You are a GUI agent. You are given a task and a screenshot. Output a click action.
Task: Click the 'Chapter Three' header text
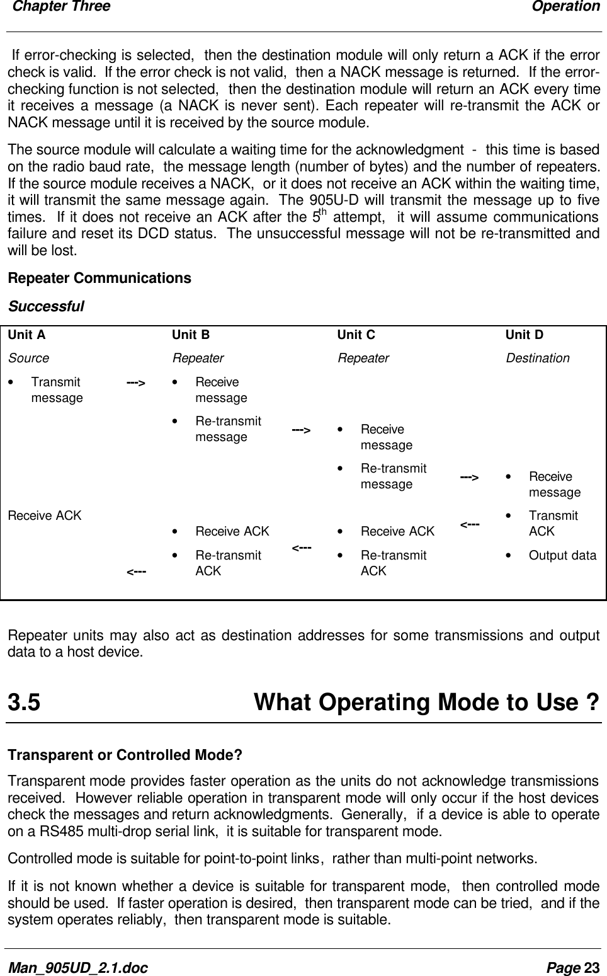61,7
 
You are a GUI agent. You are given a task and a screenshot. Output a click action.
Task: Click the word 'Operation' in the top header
565,7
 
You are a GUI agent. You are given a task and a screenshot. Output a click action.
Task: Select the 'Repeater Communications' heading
99,278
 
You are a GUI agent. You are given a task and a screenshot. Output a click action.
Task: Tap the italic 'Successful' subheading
45,307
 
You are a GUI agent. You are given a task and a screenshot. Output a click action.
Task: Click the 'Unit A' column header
26,335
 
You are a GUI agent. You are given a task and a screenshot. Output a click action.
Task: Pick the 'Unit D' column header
524,335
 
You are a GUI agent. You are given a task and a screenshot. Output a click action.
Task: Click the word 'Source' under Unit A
28,358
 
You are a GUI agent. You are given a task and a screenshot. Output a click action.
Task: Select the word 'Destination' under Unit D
537,358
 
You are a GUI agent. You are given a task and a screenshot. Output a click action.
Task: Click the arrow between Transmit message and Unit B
136,382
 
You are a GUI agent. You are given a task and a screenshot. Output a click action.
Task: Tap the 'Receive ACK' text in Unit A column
45,515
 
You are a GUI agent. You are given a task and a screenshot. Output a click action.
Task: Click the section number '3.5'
24,702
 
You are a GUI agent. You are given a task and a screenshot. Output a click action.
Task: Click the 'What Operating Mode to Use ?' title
426,702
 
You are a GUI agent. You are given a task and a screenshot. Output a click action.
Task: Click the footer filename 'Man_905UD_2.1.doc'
77,967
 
